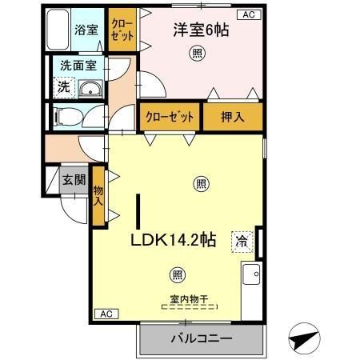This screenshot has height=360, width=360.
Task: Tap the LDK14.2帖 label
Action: click(x=174, y=238)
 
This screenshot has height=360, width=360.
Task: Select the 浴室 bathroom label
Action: click(x=86, y=30)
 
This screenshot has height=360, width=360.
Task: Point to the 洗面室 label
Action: click(x=78, y=68)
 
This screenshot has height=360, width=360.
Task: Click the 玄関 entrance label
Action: click(x=74, y=180)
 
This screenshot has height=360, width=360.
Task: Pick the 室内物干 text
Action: click(x=188, y=300)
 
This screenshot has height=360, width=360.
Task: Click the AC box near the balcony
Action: click(x=106, y=313)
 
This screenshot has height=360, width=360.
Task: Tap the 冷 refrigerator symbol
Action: click(x=239, y=240)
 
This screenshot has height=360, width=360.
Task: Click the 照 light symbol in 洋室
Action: click(x=196, y=54)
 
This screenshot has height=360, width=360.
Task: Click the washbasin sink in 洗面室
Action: click(x=90, y=88)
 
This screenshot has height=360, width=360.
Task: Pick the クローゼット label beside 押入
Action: click(x=170, y=117)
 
